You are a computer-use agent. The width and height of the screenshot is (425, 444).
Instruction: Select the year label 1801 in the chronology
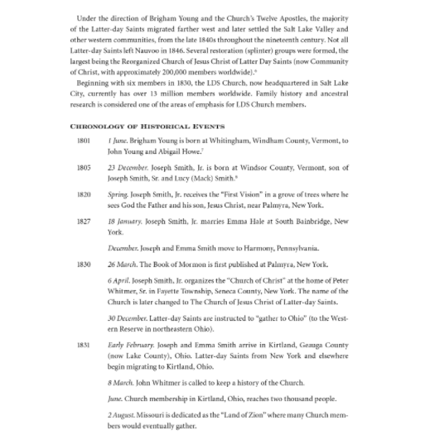pos(83,141)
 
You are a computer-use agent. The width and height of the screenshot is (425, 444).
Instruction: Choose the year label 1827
pos(83,222)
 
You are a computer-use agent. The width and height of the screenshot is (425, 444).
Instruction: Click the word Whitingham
pos(246,141)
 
